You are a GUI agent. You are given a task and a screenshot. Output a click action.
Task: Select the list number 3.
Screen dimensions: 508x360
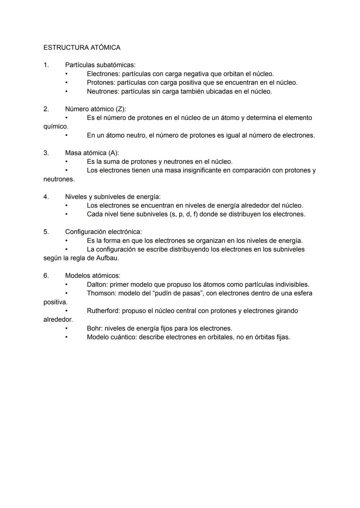pos(46,153)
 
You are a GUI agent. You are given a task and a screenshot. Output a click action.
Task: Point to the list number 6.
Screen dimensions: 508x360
pos(46,275)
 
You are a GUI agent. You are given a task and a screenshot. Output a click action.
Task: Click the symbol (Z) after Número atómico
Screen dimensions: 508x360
pos(121,109)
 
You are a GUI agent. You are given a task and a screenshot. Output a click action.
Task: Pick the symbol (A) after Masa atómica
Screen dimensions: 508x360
pos(113,153)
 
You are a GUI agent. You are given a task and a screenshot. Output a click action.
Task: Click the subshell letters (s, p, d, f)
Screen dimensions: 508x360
pos(183,214)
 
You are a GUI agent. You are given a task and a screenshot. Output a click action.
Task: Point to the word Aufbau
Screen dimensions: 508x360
pos(107,258)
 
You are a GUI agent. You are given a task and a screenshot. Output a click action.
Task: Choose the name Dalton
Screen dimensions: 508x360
pos(97,284)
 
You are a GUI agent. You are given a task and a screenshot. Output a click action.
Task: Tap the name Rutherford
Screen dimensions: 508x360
pos(103,311)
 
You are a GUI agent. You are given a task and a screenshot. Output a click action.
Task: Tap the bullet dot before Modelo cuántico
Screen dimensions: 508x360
pos(66,337)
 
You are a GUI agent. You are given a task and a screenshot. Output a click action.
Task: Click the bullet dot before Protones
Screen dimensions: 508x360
pos(66,82)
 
